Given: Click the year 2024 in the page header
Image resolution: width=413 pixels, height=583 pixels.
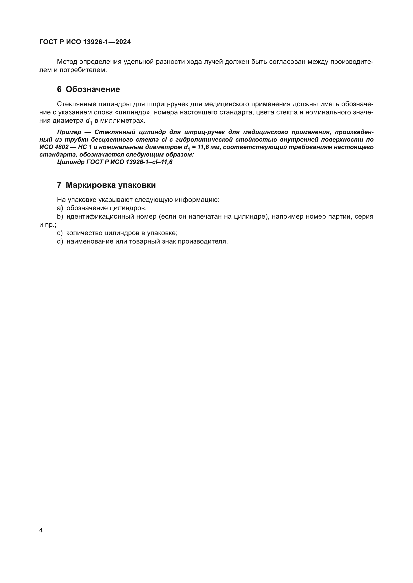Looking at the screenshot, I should (x=123, y=42).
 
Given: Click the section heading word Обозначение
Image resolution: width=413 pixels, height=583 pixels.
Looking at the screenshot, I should (x=93, y=89).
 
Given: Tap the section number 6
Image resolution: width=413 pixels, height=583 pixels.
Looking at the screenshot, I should (x=59, y=89).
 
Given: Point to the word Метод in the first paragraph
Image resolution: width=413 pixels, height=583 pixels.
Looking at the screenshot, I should (x=67, y=62).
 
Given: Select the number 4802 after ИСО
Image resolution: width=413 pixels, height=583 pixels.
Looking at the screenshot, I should (x=61, y=147).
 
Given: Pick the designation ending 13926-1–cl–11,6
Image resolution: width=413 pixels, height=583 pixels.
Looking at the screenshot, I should (x=149, y=162).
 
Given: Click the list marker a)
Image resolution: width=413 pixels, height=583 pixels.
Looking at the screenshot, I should (x=60, y=208).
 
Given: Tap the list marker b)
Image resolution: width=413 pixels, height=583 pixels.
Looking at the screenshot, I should (x=60, y=217).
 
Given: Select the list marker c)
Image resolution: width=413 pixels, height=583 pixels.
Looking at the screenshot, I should (x=60, y=233).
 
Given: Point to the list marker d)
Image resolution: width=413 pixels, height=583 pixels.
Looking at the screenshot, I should (x=60, y=242).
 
